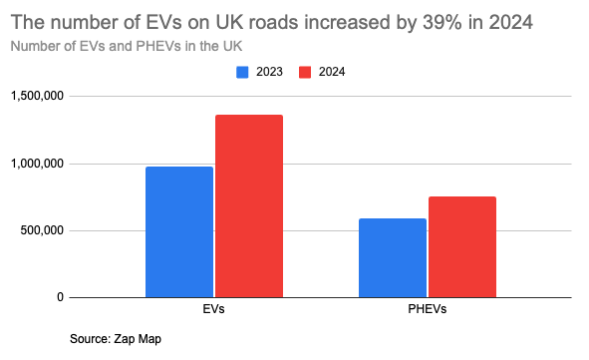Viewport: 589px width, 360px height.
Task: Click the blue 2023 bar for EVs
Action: [x=179, y=231]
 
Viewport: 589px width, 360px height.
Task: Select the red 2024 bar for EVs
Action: [x=249, y=205]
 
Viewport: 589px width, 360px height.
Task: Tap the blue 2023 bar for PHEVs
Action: [x=393, y=257]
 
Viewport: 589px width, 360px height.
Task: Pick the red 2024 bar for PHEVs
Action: [x=462, y=246]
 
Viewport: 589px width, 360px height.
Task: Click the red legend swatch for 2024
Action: [x=307, y=72]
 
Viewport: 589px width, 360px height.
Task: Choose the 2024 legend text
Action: [x=333, y=72]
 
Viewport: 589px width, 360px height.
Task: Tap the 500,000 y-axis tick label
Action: [x=40, y=230]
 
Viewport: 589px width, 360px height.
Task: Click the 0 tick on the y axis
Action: [x=61, y=297]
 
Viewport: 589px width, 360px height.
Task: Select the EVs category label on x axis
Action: [x=213, y=310]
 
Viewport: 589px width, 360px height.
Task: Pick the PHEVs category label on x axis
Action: [x=428, y=310]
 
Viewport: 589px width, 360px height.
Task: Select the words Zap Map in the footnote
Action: [x=142, y=339]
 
